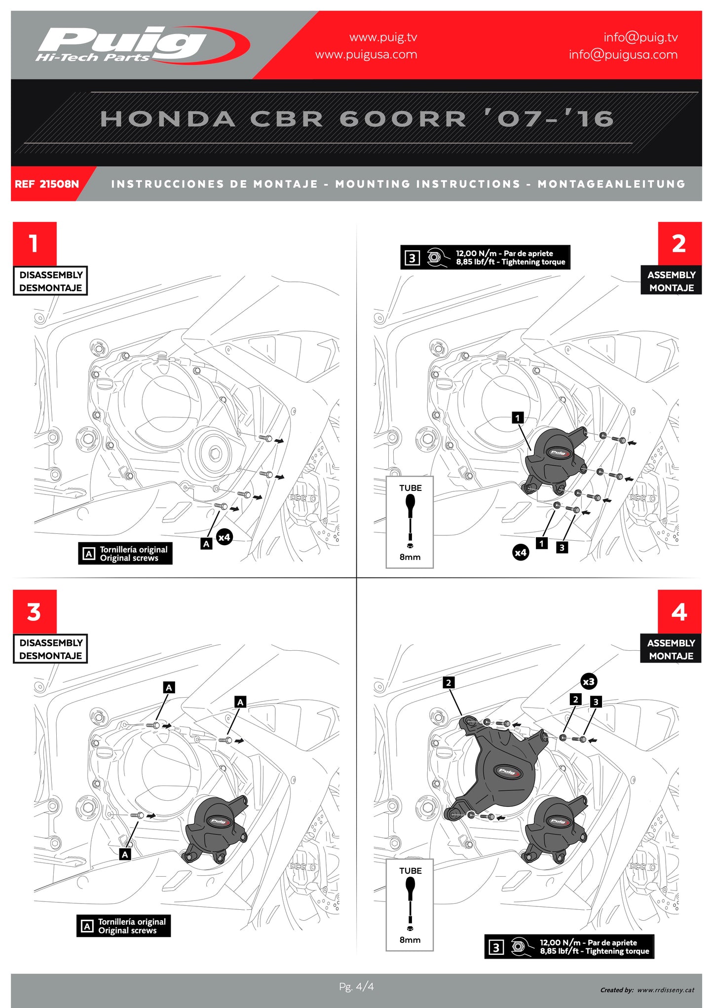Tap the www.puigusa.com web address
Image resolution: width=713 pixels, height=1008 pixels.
(366, 55)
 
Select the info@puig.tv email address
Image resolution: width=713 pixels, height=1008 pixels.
(640, 37)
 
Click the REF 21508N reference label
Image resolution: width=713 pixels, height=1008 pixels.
(47, 184)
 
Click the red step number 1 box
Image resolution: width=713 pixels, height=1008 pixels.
(35, 243)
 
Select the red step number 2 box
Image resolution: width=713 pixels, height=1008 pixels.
(679, 243)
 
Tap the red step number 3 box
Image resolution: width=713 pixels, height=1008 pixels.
(35, 612)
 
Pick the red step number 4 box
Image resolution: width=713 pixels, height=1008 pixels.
(679, 612)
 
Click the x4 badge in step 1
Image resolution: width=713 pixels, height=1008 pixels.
(224, 537)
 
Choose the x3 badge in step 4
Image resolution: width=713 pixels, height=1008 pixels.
(588, 681)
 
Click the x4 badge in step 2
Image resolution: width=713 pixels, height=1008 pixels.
(521, 552)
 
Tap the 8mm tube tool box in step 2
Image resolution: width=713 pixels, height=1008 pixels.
(410, 522)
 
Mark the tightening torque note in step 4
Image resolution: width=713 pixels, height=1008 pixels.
(569, 946)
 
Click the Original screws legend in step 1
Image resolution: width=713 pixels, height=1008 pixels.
(125, 554)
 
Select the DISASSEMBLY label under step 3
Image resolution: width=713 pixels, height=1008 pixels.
(50, 649)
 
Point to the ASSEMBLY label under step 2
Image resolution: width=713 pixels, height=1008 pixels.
(671, 281)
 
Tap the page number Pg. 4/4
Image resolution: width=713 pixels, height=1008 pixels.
(356, 986)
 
